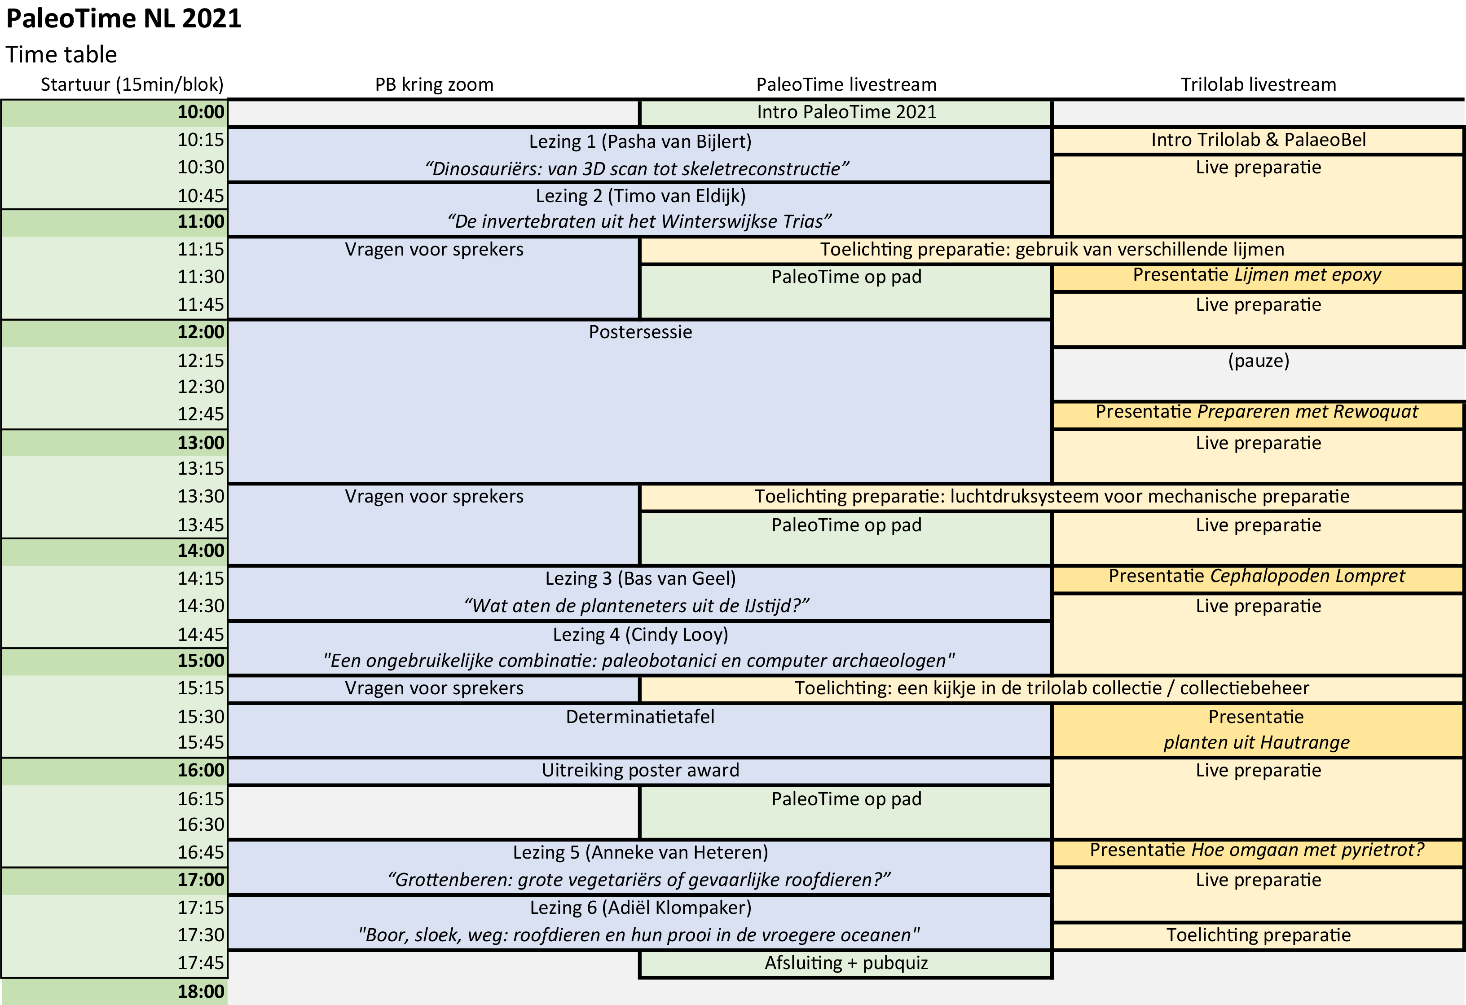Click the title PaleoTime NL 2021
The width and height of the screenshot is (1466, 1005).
point(123,19)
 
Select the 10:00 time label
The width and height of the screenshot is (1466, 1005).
point(201,112)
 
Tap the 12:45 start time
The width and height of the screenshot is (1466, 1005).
point(201,414)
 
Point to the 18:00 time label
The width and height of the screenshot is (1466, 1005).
point(201,992)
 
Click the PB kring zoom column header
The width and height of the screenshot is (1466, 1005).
point(434,84)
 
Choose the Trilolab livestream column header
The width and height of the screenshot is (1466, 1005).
point(1258,84)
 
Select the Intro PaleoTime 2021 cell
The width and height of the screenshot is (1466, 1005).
point(846,112)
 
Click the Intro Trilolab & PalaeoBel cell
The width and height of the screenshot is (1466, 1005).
point(1258,140)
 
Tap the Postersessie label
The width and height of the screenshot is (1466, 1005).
point(640,332)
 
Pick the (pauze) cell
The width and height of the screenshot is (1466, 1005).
point(1258,361)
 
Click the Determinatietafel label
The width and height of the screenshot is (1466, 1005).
point(640,717)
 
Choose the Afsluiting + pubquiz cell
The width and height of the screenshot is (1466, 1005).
point(846,963)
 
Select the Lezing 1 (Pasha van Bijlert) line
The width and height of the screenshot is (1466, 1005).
point(640,142)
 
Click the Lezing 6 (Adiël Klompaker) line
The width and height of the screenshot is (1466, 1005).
point(640,908)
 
